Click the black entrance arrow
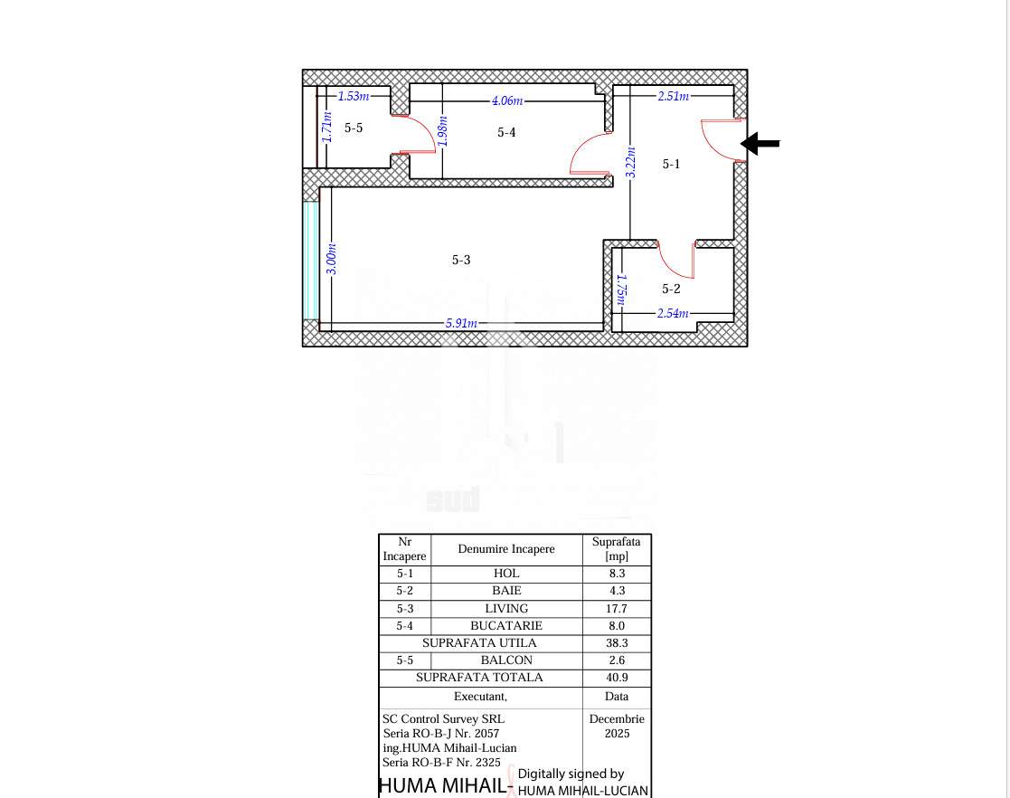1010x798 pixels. [760, 143]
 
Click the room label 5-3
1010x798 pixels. [461, 260]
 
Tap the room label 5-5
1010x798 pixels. [354, 128]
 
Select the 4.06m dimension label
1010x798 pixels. [507, 100]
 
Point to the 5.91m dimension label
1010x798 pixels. [461, 323]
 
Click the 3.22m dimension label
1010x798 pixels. [630, 163]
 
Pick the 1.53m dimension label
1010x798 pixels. [354, 96]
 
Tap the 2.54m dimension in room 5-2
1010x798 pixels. [673, 313]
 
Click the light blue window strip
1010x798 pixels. [310, 261]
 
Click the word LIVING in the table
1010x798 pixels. [506, 609]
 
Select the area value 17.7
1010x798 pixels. [617, 609]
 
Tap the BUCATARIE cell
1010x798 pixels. [506, 625]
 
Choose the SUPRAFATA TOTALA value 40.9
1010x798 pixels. [617, 678]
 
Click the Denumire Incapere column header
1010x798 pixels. [506, 548]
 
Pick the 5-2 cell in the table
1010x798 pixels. [404, 591]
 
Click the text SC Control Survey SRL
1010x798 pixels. [443, 718]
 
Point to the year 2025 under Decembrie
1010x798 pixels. [617, 734]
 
